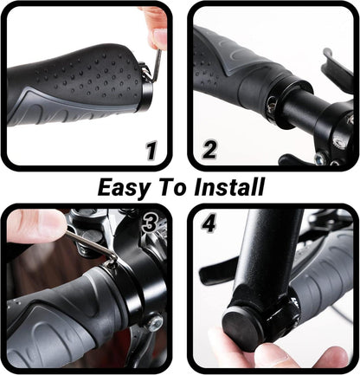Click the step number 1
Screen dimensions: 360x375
tap(151, 150)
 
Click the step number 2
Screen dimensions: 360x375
tap(209, 150)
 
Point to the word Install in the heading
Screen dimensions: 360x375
tap(229, 186)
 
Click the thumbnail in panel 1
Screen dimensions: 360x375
tap(159, 36)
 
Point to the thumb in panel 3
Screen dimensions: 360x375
tap(35, 225)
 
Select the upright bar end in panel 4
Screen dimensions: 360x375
tap(267, 260)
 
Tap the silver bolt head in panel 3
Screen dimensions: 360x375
tap(155, 322)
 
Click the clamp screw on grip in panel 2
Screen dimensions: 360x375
tap(271, 107)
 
